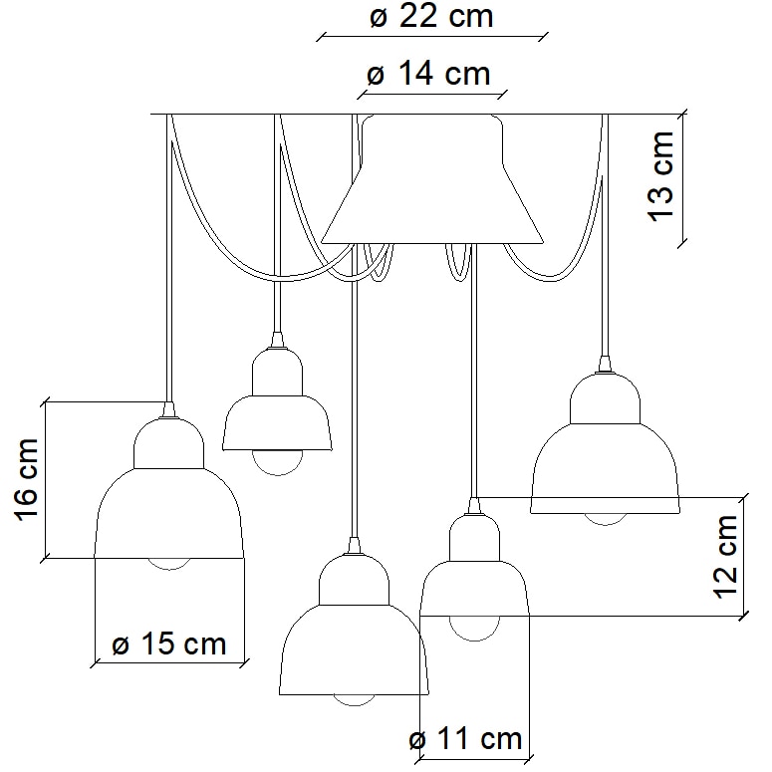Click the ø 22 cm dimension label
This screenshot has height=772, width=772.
tap(431, 17)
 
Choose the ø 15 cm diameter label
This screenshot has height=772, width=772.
tap(169, 643)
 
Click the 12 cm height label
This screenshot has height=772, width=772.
tap(728, 556)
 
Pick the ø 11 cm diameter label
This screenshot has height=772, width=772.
tap(465, 739)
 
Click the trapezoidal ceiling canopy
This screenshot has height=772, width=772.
tap(431, 189)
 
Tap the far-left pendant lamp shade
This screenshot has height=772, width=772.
tap(169, 508)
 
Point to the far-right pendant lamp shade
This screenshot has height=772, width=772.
tap(605, 458)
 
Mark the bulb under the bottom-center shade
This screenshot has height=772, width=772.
tap(354, 698)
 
